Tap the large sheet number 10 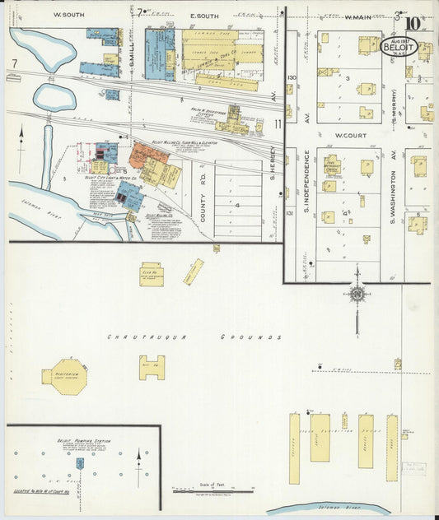[413, 23]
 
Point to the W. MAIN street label [359, 16]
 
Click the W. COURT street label [349, 135]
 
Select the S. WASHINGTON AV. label [395, 176]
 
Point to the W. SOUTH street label [69, 16]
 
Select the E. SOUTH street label [203, 16]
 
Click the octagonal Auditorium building [64, 376]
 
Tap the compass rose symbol [357, 293]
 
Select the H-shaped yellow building [152, 367]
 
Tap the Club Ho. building [152, 274]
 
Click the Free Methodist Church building [332, 165]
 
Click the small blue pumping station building [80, 463]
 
